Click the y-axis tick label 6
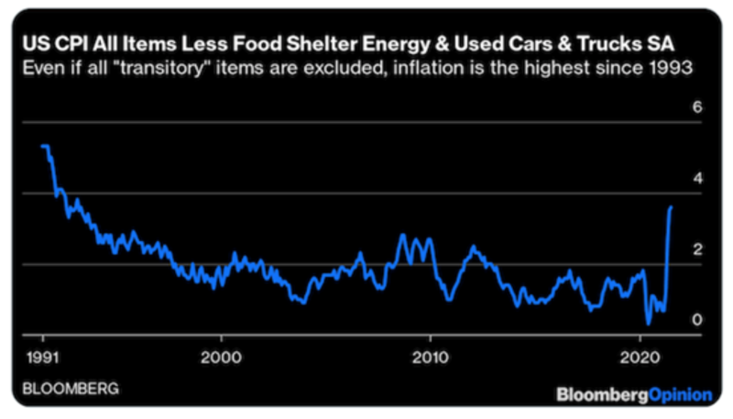click(697, 108)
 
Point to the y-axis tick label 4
click(697, 179)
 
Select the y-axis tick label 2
click(697, 249)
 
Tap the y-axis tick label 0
click(697, 319)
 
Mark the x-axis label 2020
click(640, 356)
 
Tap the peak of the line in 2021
click(671, 207)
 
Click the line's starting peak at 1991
click(44, 146)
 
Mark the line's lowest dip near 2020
click(648, 324)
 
